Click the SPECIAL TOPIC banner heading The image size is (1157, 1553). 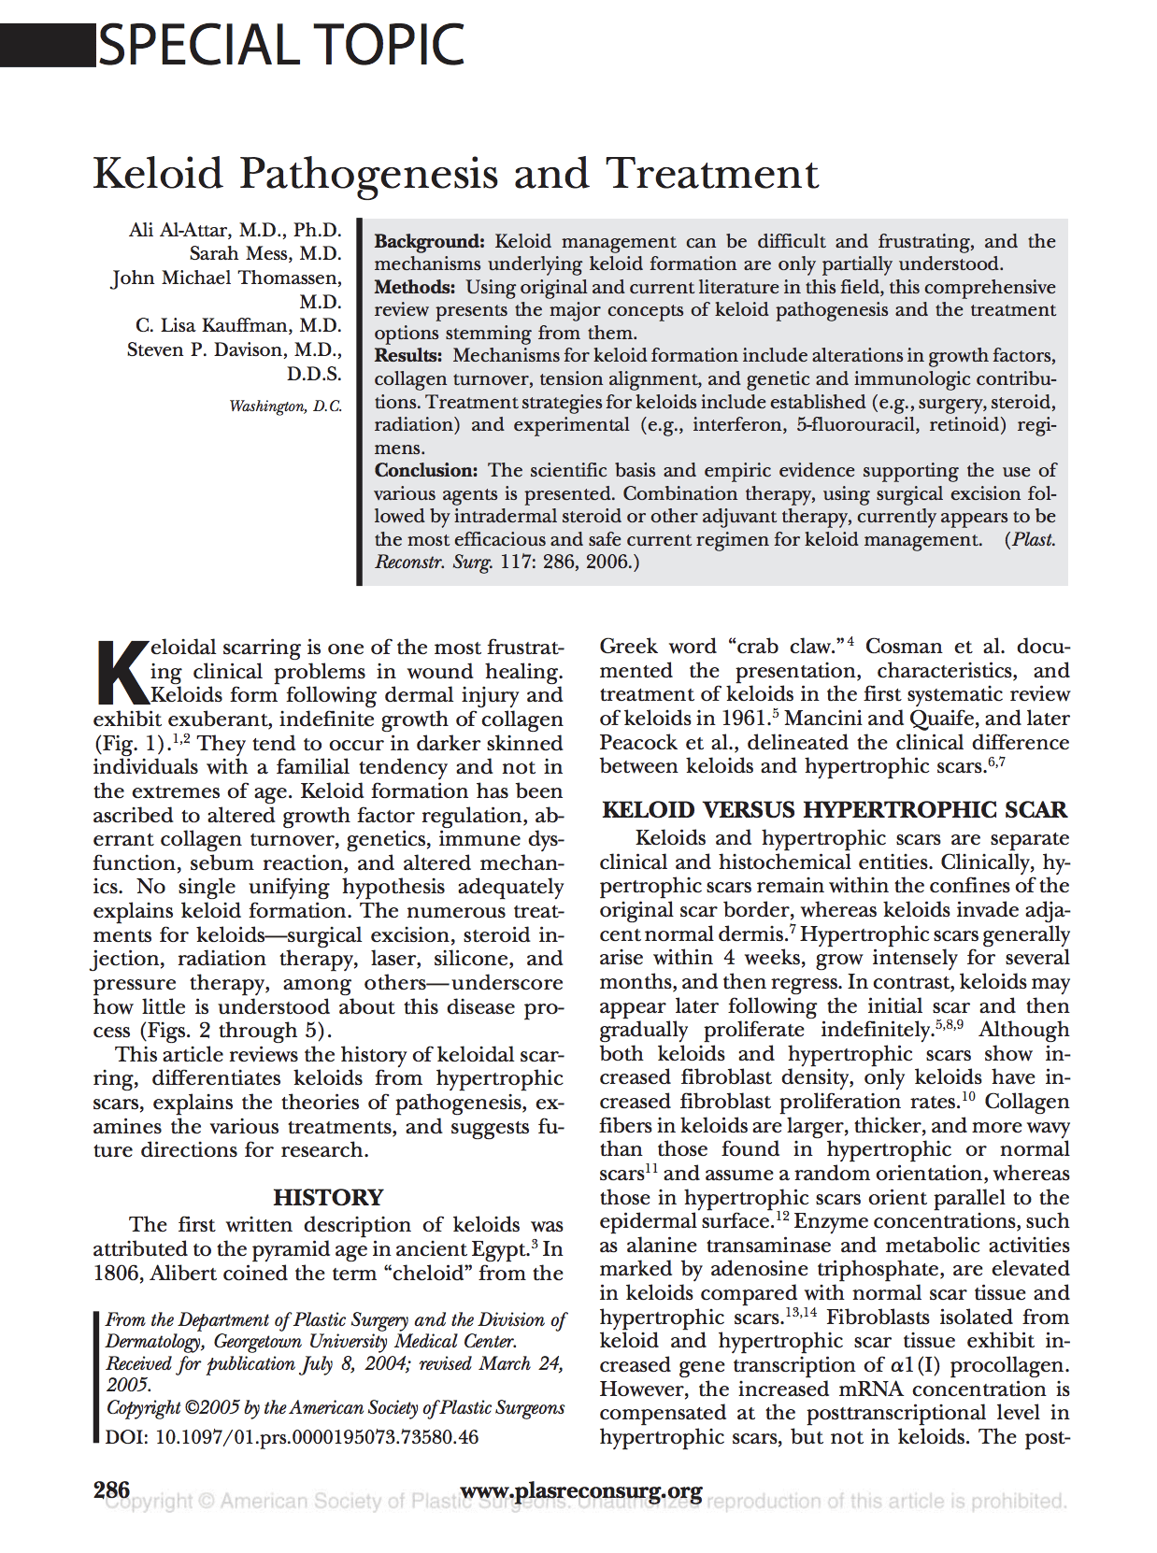tap(280, 45)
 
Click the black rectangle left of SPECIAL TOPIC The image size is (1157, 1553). tap(47, 46)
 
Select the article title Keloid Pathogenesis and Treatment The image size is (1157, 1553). tap(455, 174)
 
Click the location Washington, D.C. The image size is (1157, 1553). tap(285, 406)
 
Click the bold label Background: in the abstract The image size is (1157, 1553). tap(429, 241)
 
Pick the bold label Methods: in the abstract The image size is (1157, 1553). tap(415, 287)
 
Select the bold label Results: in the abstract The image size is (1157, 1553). tap(408, 355)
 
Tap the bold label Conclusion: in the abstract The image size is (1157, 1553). tap(426, 470)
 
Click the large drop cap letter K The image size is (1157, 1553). tap(121, 671)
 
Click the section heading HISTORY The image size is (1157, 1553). tap(328, 1197)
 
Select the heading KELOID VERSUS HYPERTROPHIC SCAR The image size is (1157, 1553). tap(834, 809)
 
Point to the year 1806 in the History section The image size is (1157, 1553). tap(117, 1273)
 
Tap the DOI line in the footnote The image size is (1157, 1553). tap(292, 1436)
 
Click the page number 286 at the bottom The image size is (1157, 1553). tap(111, 1489)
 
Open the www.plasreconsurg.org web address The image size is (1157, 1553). tap(581, 1490)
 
